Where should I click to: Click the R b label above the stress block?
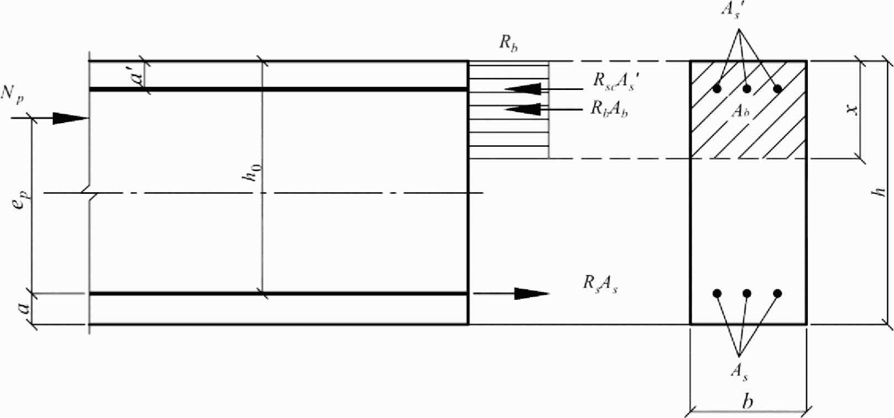tap(508, 44)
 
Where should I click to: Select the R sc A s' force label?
tap(616, 82)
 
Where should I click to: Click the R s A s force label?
tap(600, 283)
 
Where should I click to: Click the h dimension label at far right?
tap(880, 191)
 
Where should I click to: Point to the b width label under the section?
tap(748, 401)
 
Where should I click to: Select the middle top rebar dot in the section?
tap(747, 88)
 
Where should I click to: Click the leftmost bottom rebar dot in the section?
tap(717, 293)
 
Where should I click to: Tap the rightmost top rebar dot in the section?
tap(778, 88)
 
